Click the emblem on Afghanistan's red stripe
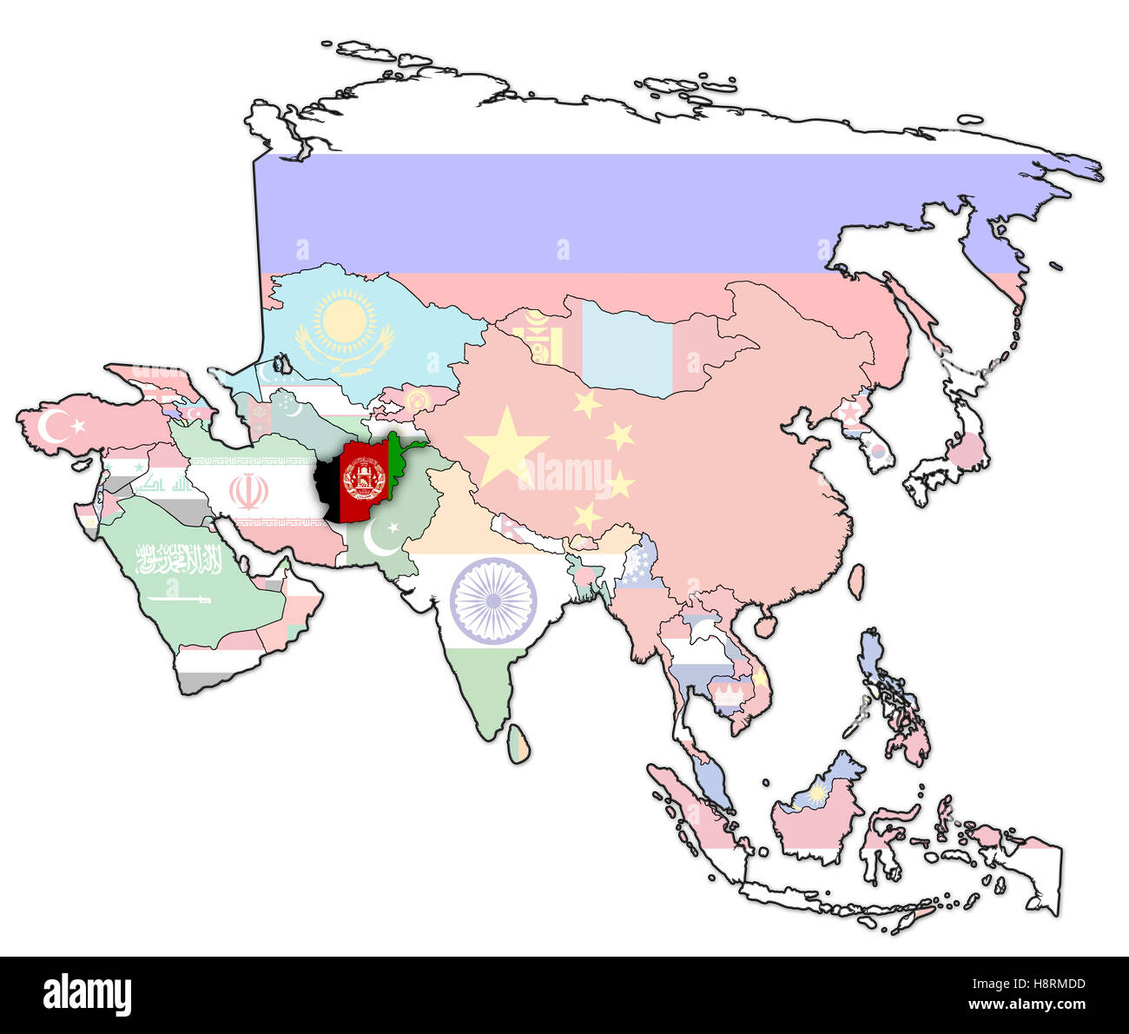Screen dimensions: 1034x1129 (365, 479)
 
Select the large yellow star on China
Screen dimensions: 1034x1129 (506, 446)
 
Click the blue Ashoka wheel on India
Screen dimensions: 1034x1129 (493, 600)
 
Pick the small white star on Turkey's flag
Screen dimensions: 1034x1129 (79, 426)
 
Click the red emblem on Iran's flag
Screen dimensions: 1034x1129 (248, 492)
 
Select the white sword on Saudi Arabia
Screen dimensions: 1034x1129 (179, 599)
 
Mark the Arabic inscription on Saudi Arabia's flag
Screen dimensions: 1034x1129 (179, 560)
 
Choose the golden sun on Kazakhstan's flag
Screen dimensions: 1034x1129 (345, 320)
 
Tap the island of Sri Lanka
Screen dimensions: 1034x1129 (518, 746)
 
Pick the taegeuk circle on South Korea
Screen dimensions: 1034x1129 (879, 452)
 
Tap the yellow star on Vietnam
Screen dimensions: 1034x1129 (761, 678)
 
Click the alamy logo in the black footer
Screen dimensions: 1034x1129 (87, 994)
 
